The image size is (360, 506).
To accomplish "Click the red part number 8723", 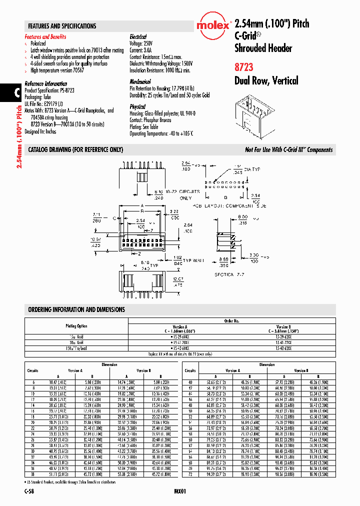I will tap(244, 67).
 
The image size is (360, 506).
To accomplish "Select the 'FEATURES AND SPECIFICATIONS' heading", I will tap(62, 26).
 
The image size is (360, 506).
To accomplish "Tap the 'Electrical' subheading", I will tap(138, 37).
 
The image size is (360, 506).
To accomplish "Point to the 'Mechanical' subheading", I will tap(140, 81).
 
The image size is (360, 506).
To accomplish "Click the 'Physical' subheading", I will tap(137, 106).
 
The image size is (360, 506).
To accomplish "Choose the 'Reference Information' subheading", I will tap(46, 84).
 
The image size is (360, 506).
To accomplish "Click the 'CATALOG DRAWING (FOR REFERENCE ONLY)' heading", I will tap(75, 150).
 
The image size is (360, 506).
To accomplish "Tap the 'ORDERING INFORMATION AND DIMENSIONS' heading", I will tap(76, 309).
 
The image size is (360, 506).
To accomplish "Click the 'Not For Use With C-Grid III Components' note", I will tap(288, 150).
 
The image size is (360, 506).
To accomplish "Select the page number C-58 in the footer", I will tap(29, 492).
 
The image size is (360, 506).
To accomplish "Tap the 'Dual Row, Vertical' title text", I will tap(266, 81).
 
